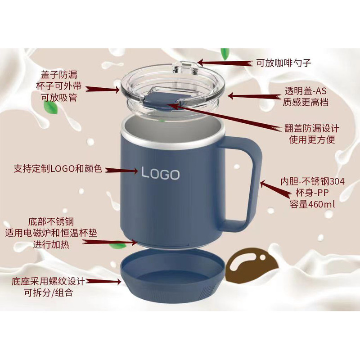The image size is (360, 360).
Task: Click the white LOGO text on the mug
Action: tap(160, 173)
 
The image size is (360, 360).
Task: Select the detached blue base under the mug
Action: tap(172, 275)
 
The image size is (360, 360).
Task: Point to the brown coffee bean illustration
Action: tap(252, 265)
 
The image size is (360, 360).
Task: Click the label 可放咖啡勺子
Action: tap(283, 63)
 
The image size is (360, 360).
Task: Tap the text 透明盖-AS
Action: tap(306, 91)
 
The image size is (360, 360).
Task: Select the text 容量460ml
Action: tap(312, 204)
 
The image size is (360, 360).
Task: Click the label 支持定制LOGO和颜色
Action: tap(58, 168)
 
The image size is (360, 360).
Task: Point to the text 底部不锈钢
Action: tap(51, 222)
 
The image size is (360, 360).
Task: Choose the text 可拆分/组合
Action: tap(49, 292)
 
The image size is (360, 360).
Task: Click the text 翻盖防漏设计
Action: tap(312, 128)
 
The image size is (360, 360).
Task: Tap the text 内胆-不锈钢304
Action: tap(312, 181)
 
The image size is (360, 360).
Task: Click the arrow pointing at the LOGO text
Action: tap(121, 171)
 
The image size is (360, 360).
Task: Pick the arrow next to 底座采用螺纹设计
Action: tap(103, 281)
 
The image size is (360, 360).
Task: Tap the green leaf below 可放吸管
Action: tap(50, 107)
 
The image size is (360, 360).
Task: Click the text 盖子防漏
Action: tap(59, 75)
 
